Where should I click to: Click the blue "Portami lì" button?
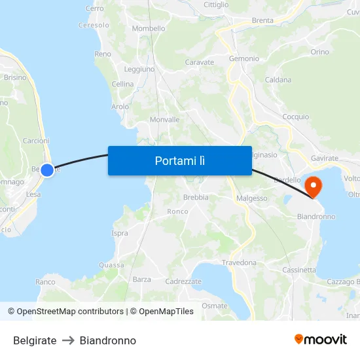pos(179,160)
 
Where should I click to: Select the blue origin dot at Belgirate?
pos(47,170)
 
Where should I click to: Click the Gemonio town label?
pos(243,58)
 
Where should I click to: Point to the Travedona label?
pos(239,262)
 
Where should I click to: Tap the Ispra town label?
pos(120,233)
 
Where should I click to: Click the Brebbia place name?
pos(196,197)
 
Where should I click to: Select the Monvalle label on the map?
pos(164,120)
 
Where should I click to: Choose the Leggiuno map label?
pos(139,69)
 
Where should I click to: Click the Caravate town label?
pos(200,62)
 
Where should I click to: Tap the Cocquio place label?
pos(295,117)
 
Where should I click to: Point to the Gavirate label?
pos(325,158)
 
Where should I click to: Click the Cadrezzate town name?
pos(183,281)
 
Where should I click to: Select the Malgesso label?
pos(251,198)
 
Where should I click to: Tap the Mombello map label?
pos(149,28)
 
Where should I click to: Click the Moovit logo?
pos(320,339)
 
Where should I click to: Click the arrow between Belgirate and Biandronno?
pos(68,341)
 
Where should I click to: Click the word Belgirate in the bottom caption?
pos(35,341)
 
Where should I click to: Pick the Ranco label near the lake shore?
pos(45,281)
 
